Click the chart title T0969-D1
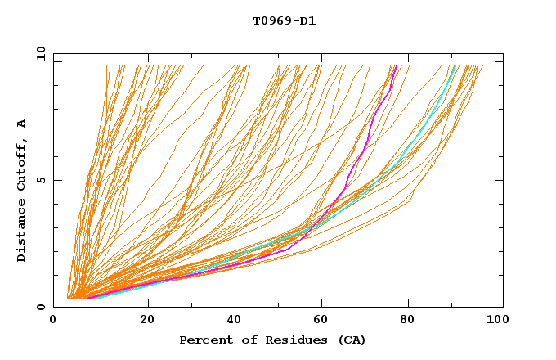coord(284,20)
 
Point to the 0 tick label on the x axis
coord(54,320)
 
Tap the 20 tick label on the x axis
coord(147,320)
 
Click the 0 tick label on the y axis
coord(40,307)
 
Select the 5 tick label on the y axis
coord(40,180)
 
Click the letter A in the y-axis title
coord(22,123)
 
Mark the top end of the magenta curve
coord(397,66)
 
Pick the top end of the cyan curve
coord(455,66)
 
